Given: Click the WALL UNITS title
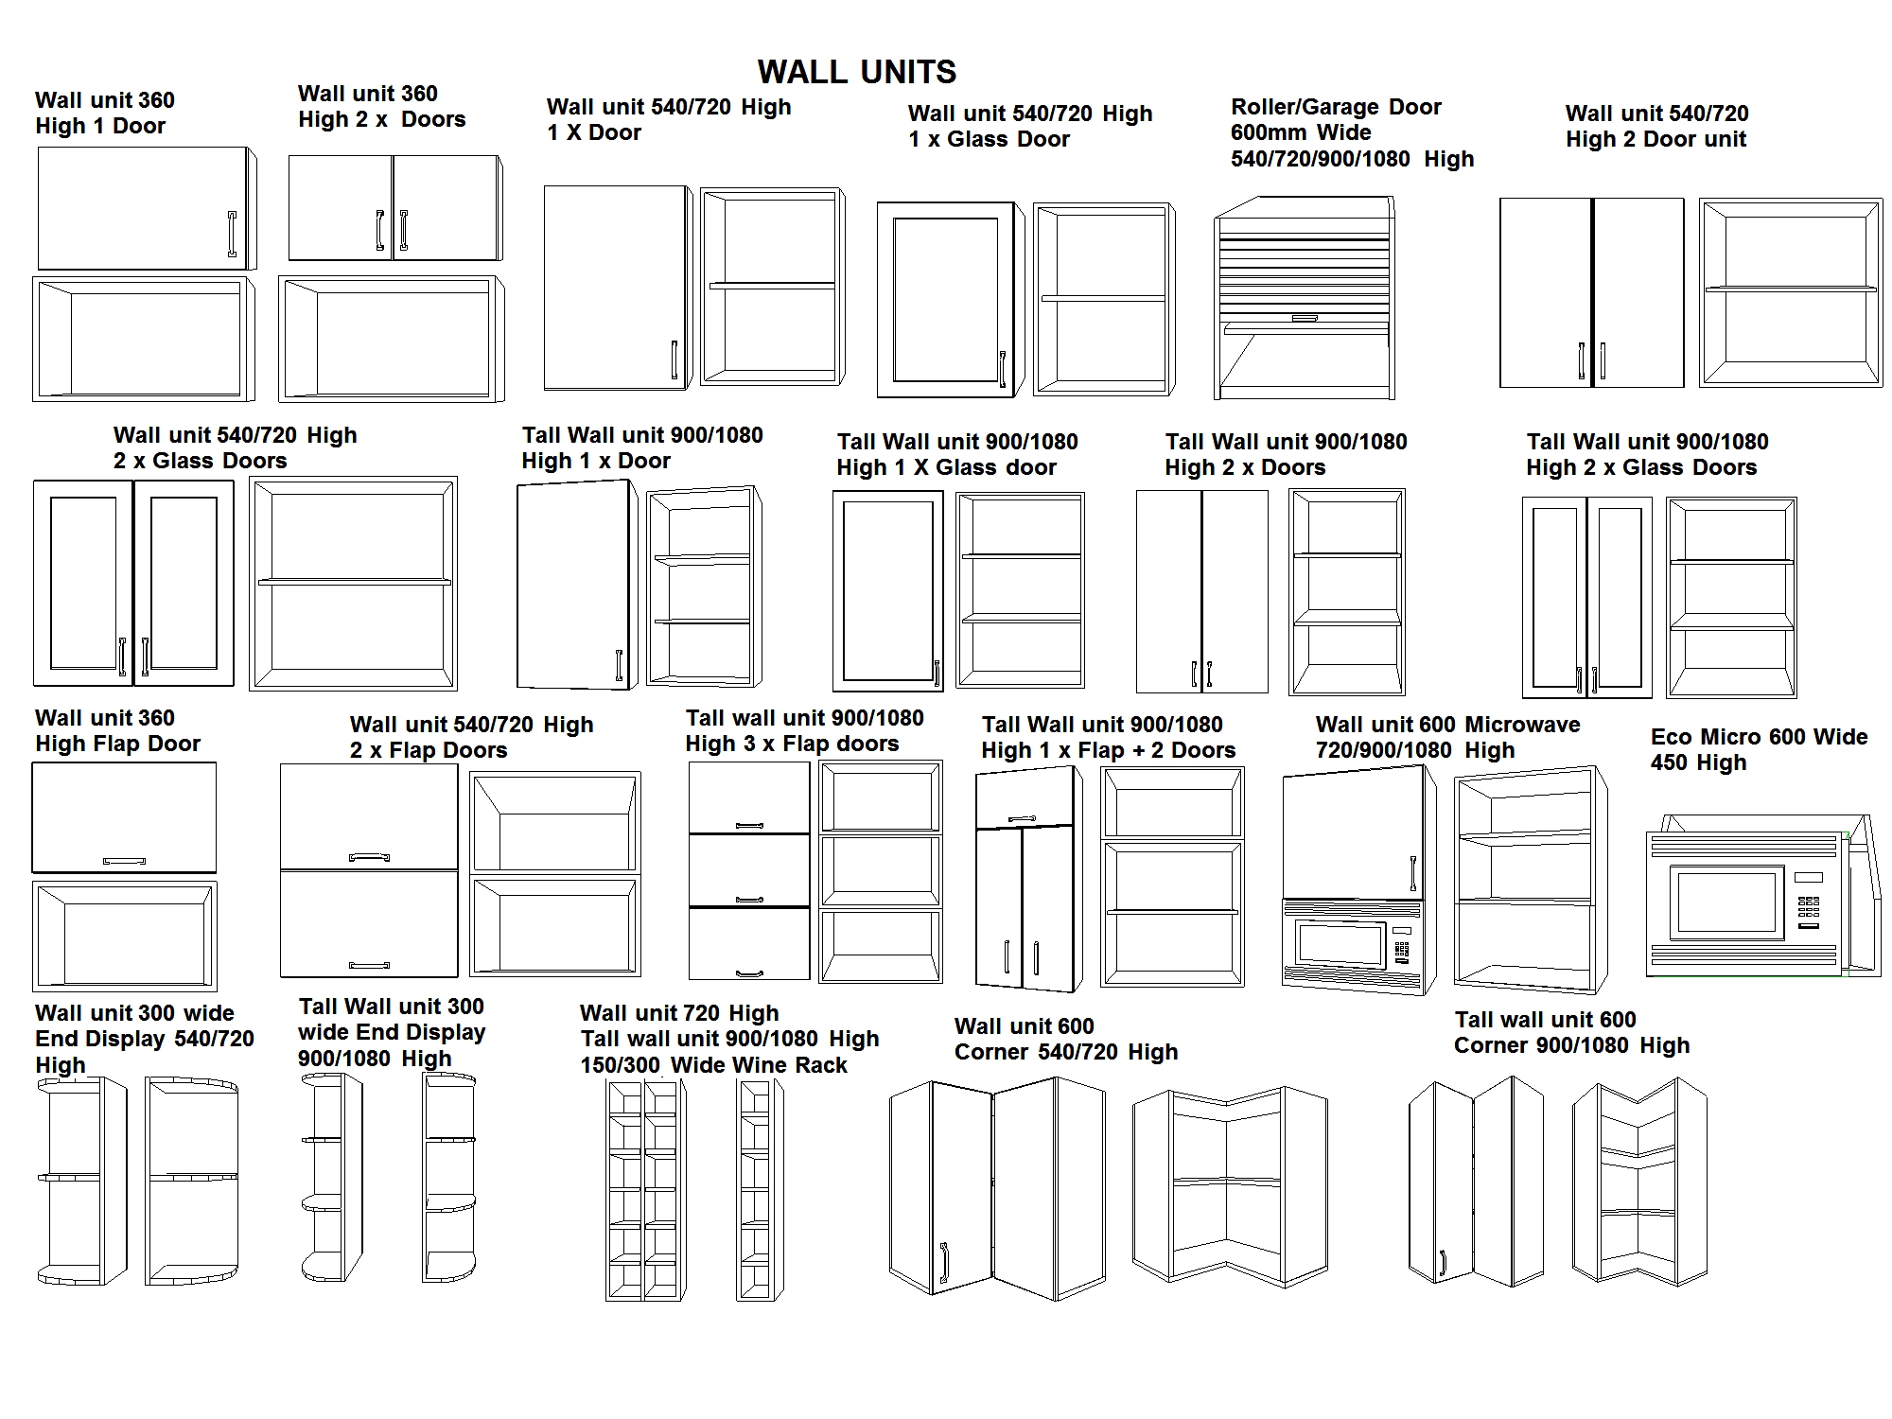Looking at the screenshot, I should click(856, 72).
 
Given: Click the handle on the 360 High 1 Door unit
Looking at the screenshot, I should click(232, 234).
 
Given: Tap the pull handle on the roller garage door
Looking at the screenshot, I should click(1304, 319).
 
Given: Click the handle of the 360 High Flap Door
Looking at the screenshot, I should click(124, 861).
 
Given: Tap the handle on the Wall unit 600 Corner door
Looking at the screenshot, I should click(943, 1262).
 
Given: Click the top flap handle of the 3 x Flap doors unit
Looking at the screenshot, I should click(749, 826).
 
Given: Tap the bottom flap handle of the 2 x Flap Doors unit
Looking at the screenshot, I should click(369, 965).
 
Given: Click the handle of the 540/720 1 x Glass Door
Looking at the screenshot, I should click(1003, 369).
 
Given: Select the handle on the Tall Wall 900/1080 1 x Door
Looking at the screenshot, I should click(620, 665).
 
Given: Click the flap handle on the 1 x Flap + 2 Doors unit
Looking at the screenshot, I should click(1022, 818).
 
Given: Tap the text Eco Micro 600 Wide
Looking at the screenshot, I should click(1759, 737).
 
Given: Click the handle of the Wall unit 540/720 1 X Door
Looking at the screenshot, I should click(674, 360).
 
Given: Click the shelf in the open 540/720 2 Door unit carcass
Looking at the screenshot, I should click(1790, 289).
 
